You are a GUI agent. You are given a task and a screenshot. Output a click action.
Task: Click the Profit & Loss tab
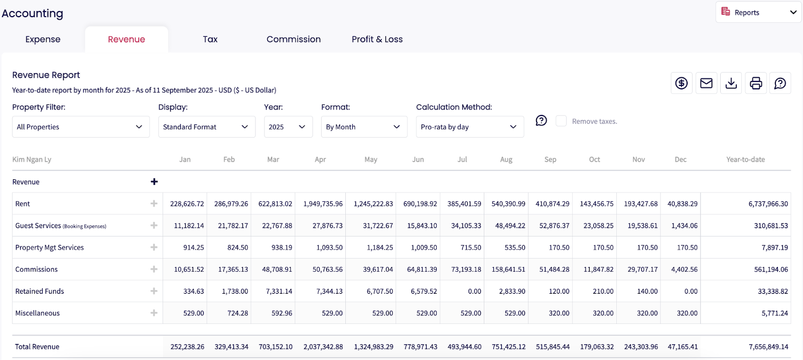coord(377,39)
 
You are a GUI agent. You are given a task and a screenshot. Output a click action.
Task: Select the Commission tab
coord(294,39)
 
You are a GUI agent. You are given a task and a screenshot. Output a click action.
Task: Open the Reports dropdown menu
coord(758,13)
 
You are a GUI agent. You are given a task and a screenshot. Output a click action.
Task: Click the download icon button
coord(731,83)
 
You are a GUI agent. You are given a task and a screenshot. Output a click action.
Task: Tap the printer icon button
coord(756,83)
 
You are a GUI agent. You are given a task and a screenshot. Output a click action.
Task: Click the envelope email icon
coord(706,83)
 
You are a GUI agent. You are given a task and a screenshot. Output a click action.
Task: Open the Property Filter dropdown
coord(80,127)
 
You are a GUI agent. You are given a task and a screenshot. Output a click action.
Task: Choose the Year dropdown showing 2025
coord(288,127)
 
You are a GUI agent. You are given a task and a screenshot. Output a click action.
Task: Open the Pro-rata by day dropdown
coord(469,127)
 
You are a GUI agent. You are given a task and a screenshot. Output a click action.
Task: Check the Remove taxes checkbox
coord(561,121)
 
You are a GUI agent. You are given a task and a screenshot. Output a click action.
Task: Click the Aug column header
coord(506,160)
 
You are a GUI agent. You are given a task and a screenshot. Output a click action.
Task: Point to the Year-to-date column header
coord(745,160)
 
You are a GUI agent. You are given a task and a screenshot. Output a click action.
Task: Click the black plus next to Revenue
coord(154,182)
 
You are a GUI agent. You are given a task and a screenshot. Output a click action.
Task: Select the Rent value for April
coord(323,204)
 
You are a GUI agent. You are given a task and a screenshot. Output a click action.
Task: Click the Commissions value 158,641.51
coord(508,270)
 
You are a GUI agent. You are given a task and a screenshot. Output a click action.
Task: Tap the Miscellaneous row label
coord(38,313)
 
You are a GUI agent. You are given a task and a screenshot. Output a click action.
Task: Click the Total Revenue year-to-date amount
coord(768,347)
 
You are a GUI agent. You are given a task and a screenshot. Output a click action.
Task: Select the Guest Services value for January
coord(189,226)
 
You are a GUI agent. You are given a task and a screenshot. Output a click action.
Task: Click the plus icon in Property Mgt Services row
coord(154,248)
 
